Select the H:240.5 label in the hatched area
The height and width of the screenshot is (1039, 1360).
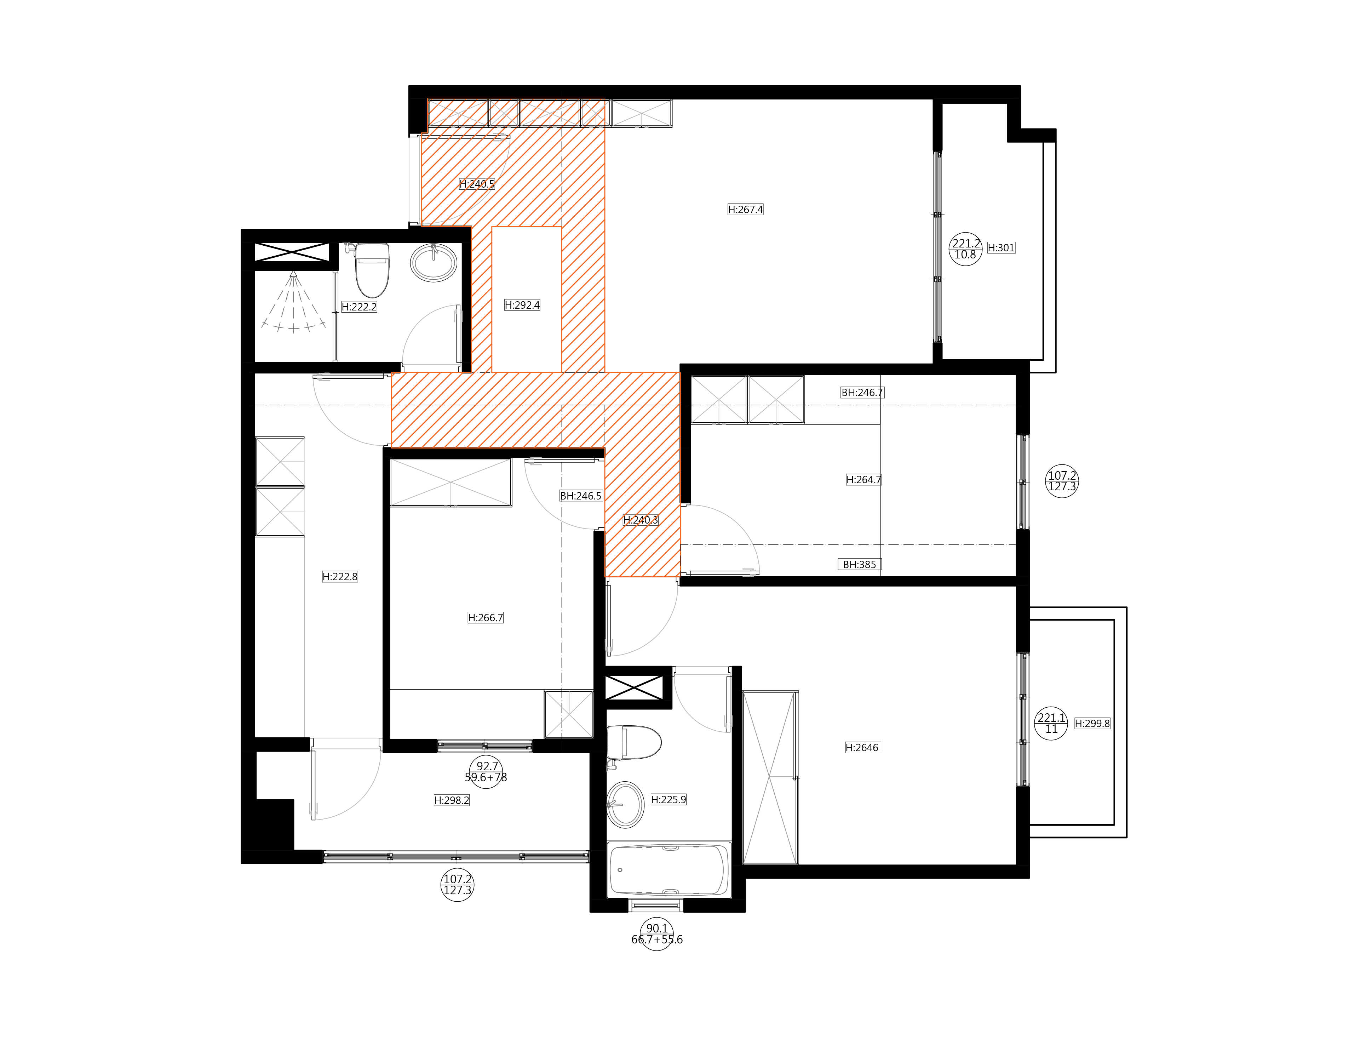(x=477, y=184)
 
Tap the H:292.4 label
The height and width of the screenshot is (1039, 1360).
(x=522, y=305)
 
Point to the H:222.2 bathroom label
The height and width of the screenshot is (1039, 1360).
(x=359, y=307)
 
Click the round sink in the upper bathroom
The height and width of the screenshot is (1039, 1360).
(x=434, y=262)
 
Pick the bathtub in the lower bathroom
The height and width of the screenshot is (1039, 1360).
(x=668, y=869)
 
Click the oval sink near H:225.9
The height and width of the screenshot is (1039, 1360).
(x=626, y=804)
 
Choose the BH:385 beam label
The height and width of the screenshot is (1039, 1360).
(x=859, y=565)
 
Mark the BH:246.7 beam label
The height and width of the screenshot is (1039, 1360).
(x=862, y=393)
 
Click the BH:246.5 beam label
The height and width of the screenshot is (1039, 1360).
(x=580, y=496)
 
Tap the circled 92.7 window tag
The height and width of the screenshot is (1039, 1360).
(x=487, y=771)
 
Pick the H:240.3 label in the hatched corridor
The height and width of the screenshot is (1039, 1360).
(x=641, y=520)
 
